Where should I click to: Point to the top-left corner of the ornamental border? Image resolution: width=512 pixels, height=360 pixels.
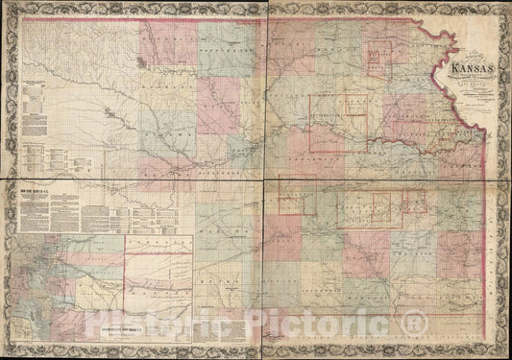click(x=8, y=8)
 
